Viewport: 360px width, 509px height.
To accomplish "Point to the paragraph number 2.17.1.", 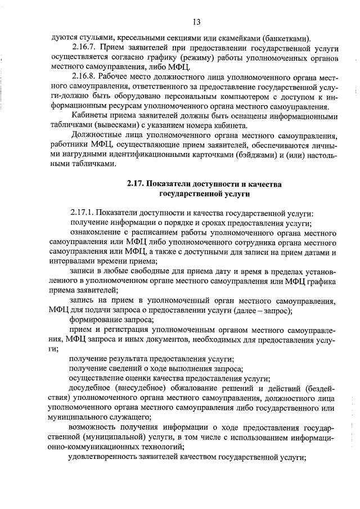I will pyautogui.click(x=84, y=213).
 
